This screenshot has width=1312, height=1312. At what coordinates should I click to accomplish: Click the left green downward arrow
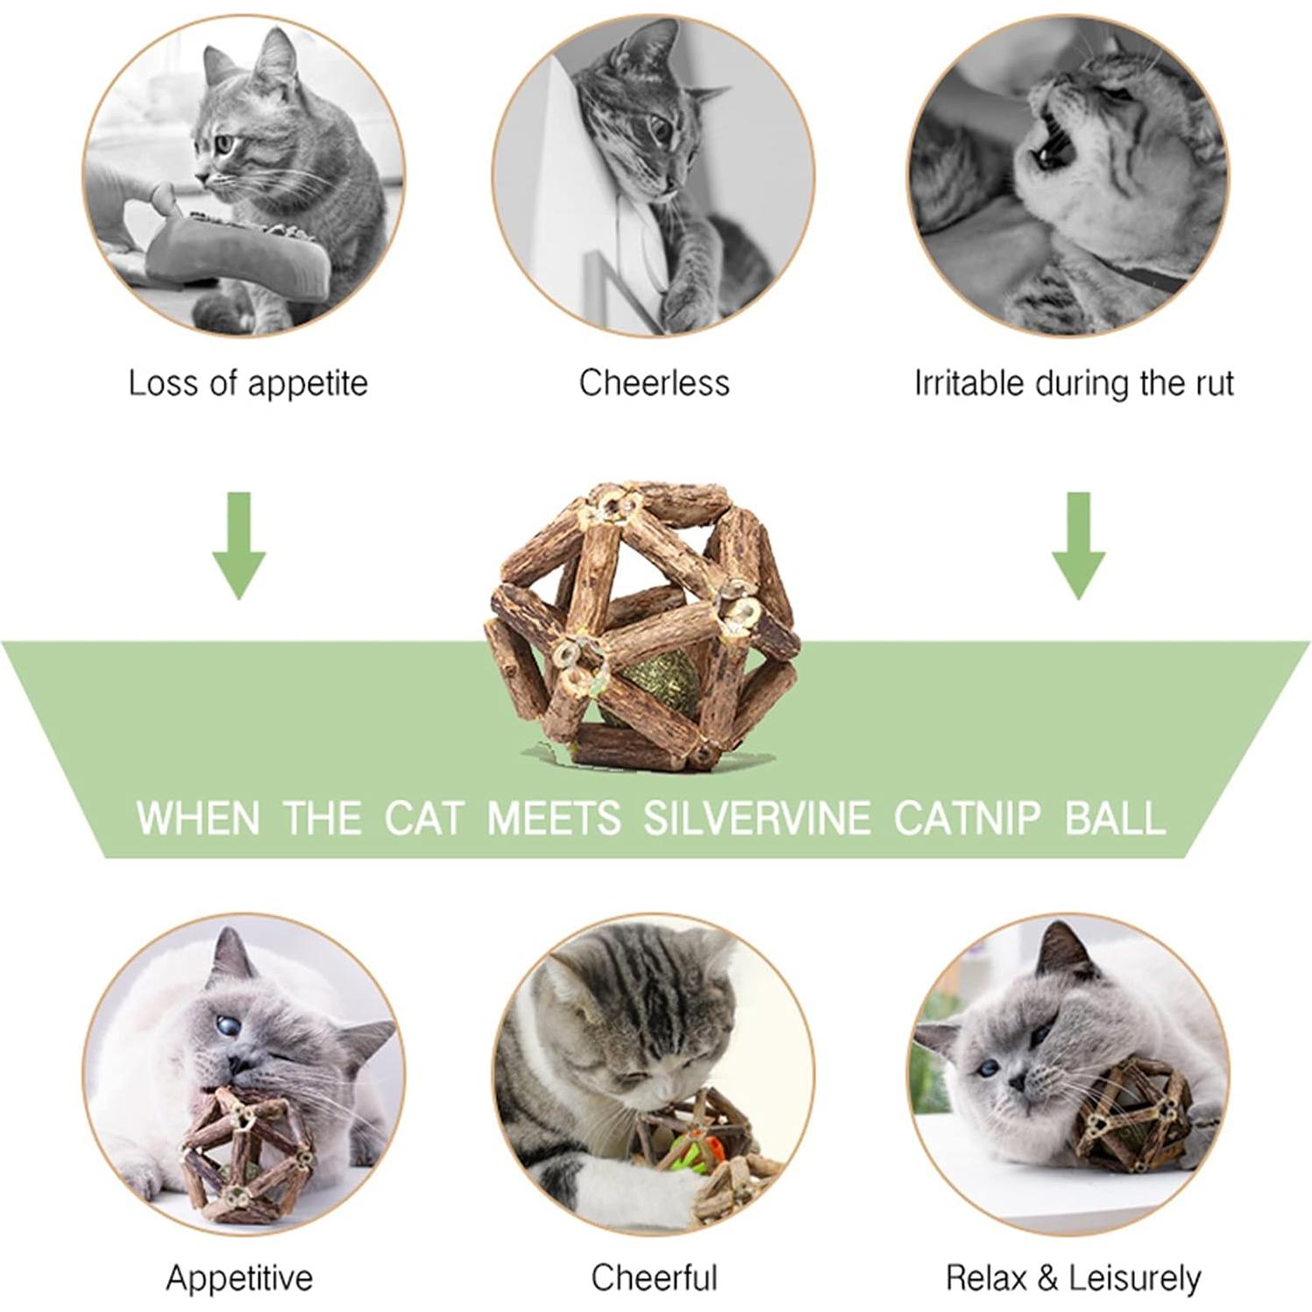(238, 548)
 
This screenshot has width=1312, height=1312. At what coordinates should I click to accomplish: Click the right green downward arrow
(1078, 548)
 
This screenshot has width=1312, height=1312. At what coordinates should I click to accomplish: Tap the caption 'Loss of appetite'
(248, 384)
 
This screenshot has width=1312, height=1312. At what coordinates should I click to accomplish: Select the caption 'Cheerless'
(654, 384)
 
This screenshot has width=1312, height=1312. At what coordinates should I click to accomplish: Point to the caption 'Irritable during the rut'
(1074, 384)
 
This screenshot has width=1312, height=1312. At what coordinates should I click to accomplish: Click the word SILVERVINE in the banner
(756, 818)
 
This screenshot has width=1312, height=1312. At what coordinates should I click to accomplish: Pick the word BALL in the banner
(1115, 818)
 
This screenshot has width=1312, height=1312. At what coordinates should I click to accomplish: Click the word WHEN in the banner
(198, 818)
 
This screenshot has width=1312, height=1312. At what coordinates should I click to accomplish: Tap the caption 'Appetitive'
(239, 1278)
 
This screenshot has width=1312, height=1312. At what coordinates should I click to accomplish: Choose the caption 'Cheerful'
(654, 1278)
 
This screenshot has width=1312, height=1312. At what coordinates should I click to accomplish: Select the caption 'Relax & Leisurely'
(1073, 1278)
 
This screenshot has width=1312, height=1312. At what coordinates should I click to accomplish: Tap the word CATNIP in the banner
(968, 818)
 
